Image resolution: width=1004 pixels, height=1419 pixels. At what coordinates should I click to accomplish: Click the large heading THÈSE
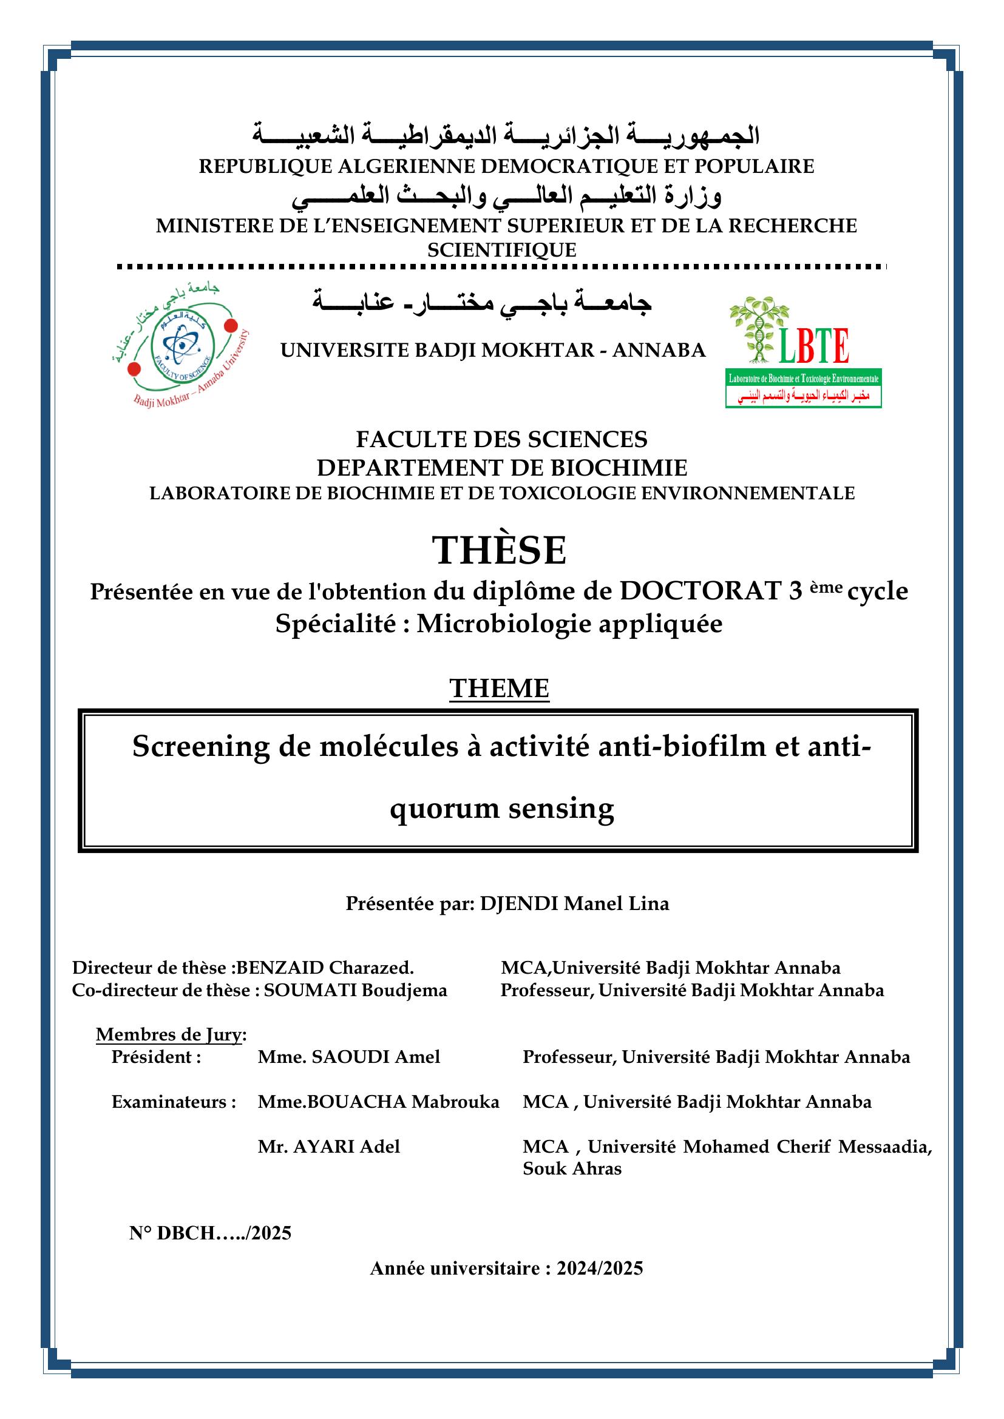pos(499,551)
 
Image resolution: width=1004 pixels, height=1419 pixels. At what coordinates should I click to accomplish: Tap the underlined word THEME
pos(499,689)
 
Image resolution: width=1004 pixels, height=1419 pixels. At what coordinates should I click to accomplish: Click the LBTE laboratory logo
pos(803,352)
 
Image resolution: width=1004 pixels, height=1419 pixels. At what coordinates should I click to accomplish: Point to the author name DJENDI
pos(520,903)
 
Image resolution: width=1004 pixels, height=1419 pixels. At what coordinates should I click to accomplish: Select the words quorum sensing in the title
pos(501,807)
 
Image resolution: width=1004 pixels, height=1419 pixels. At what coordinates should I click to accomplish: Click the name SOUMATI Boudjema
pos(355,990)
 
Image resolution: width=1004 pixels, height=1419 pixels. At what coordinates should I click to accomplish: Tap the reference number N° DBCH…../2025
pos(210,1233)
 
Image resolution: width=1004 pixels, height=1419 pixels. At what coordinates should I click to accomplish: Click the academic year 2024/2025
pos(599,1269)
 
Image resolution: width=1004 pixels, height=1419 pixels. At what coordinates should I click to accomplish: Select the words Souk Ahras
pos(572,1168)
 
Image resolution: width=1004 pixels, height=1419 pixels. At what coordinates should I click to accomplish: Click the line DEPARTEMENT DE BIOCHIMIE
pos(501,468)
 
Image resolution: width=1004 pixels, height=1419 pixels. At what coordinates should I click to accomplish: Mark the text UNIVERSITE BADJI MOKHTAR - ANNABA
pos(493,351)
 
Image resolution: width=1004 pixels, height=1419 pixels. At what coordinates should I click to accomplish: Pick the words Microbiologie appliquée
pos(569,624)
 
